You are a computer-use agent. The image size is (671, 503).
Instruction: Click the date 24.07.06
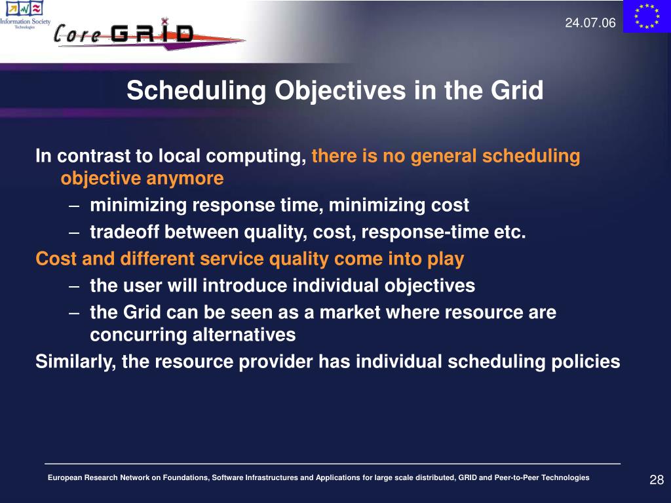coord(590,23)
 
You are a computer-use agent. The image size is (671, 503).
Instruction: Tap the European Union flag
coord(647,16)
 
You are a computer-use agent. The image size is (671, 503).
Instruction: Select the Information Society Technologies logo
coord(25,14)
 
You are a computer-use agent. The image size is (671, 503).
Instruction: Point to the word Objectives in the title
coord(340,91)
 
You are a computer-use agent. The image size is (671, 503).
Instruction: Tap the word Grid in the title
coord(517,90)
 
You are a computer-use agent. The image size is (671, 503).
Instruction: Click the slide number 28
coord(657,479)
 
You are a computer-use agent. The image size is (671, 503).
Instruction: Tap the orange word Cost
coord(56,259)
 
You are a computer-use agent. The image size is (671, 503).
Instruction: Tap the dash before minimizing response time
coord(73,206)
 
